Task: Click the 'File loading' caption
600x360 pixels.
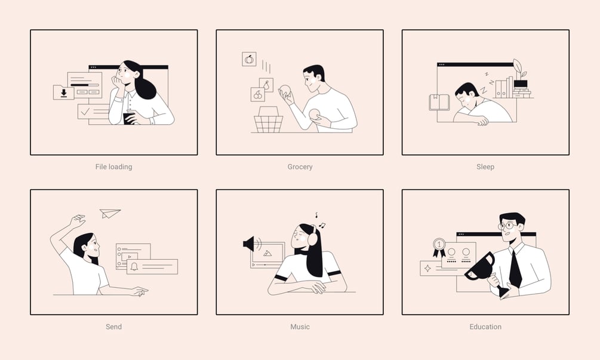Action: tap(113, 167)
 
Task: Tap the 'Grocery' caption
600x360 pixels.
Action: tap(300, 167)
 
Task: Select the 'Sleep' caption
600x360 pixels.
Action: tap(485, 167)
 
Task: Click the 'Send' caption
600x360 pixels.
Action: tap(113, 327)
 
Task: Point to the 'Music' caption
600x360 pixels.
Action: tap(300, 327)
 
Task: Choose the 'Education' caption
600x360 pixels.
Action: tap(485, 327)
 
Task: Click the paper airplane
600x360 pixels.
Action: tap(110, 213)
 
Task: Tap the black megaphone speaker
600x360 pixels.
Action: tap(249, 244)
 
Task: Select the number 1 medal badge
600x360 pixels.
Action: tap(439, 247)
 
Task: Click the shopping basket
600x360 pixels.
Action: tap(269, 120)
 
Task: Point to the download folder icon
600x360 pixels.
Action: tap(63, 92)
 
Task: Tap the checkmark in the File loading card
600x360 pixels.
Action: tap(85, 112)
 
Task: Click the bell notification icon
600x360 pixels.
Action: tap(134, 266)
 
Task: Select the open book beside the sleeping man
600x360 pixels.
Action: tap(439, 102)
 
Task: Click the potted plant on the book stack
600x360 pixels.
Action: tap(519, 74)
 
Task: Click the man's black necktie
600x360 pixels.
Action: tap(515, 267)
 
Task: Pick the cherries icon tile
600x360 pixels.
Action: tap(258, 94)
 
